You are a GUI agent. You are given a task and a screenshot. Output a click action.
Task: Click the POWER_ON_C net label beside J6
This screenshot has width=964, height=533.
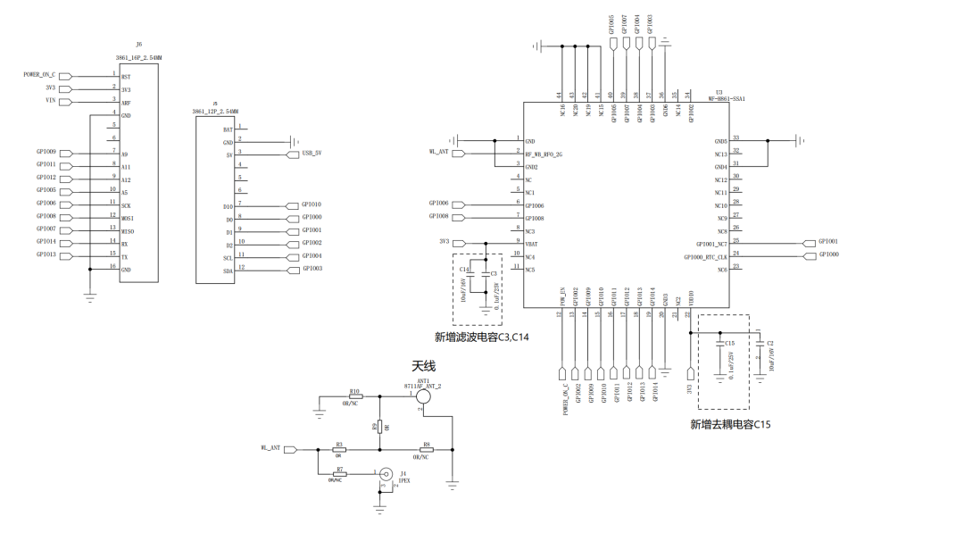click(x=39, y=76)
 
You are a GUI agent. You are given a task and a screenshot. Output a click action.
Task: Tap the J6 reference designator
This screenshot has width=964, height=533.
click(x=138, y=44)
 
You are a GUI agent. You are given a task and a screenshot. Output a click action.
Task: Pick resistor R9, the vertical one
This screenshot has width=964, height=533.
click(x=379, y=427)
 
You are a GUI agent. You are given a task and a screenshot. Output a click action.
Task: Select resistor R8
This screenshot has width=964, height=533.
click(x=426, y=449)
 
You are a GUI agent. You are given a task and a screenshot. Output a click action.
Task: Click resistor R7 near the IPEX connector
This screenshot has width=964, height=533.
click(x=339, y=474)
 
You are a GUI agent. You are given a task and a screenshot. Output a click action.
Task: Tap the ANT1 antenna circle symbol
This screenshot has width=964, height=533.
click(x=423, y=396)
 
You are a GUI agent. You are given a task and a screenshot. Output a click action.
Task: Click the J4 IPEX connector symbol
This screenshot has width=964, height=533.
click(x=386, y=475)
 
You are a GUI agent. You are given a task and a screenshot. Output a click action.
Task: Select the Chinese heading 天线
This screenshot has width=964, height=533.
click(x=423, y=366)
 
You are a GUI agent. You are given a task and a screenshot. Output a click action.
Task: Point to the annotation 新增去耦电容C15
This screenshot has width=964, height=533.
click(x=729, y=424)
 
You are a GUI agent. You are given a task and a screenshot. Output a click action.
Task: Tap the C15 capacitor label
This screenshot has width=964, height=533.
click(x=729, y=343)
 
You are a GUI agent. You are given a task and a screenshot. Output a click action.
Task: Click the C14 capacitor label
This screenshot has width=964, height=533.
click(x=464, y=269)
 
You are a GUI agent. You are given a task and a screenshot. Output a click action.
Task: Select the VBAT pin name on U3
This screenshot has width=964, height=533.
click(x=533, y=243)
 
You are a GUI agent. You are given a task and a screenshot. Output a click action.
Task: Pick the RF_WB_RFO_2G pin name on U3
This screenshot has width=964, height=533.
click(x=544, y=153)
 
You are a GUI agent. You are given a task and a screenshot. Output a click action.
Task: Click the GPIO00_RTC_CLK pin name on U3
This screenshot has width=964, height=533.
click(x=705, y=255)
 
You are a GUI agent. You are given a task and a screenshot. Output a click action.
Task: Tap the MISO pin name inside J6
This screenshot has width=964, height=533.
click(x=128, y=229)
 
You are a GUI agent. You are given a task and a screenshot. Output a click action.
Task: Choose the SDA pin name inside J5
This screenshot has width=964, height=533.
click(x=228, y=270)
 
